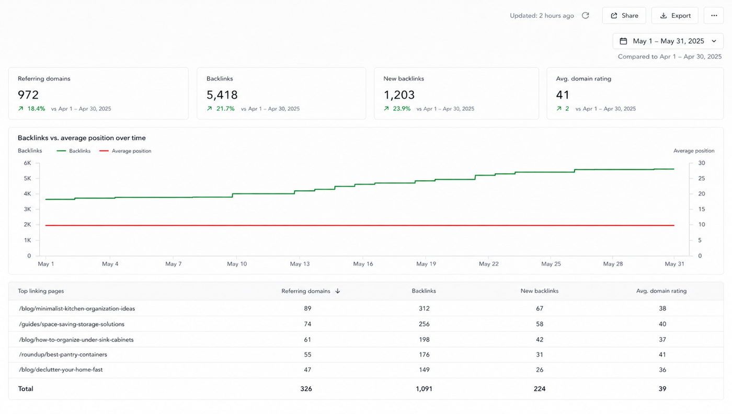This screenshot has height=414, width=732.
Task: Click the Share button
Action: pos(624,16)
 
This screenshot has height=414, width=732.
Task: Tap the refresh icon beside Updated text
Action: pos(585,15)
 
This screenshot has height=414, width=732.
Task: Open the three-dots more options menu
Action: pos(714,16)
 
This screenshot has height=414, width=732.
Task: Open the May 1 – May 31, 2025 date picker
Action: pos(668,41)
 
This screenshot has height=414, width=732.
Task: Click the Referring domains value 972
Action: pos(28,95)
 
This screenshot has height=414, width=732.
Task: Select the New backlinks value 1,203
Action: pos(399,95)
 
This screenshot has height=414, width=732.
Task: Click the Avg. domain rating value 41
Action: pos(563,95)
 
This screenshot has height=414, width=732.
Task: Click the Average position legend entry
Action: pos(125,151)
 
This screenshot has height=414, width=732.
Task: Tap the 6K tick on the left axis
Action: pos(27,163)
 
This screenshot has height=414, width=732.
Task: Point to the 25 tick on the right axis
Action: pos(702,178)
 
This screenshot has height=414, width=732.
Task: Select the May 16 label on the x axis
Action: pos(363,264)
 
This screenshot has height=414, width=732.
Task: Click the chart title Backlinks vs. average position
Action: pos(82,138)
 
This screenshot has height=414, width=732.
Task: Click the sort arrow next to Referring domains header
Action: pos(338,291)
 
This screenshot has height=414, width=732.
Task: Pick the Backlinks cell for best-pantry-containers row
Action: pos(424,354)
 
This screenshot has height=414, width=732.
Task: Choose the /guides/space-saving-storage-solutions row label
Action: pos(72,324)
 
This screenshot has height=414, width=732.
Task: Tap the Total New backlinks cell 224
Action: pos(540,389)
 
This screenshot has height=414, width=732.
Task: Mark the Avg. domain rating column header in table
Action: pos(661,291)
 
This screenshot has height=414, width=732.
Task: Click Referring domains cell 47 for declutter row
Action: pos(307,370)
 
